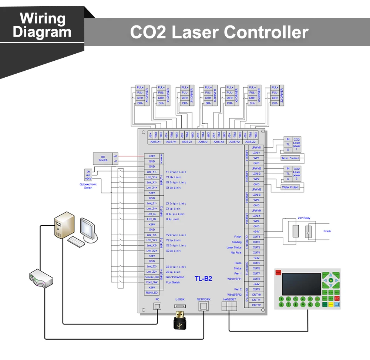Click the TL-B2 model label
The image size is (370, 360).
(203, 279)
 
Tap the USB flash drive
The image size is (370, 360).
(179, 320)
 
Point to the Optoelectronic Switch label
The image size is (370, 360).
(88, 186)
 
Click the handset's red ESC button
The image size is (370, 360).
(337, 298)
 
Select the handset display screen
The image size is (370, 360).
(301, 284)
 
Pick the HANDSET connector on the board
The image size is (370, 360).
(229, 306)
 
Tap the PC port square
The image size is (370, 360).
(157, 306)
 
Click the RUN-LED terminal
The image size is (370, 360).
(151, 293)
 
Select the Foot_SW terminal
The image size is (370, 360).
(151, 282)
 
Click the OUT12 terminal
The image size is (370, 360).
(256, 305)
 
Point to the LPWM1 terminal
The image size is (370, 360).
(256, 147)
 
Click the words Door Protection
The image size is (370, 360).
(175, 277)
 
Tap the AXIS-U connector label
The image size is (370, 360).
(203, 142)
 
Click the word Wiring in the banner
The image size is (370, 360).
(42, 18)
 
